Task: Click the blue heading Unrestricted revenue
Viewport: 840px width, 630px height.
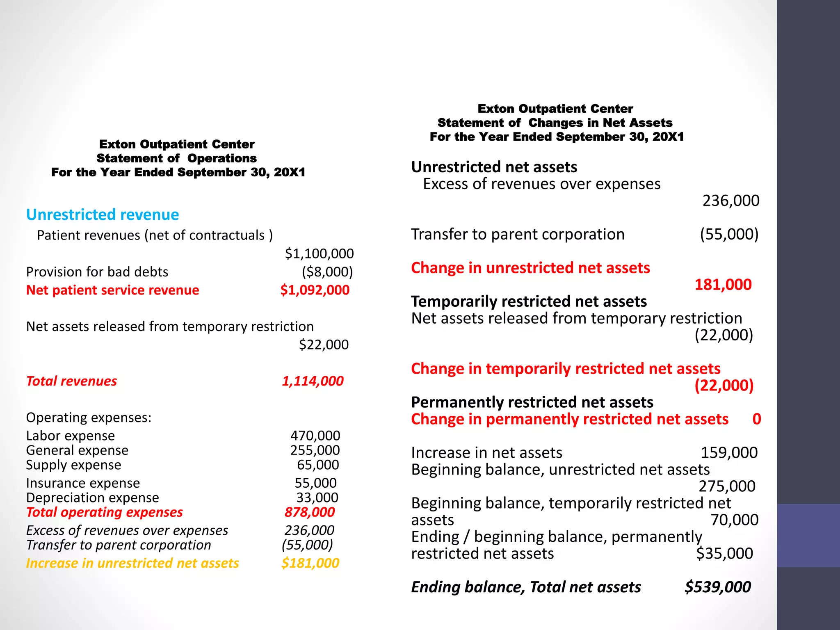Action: tap(103, 215)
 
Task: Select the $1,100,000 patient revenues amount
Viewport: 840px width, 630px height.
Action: tap(319, 253)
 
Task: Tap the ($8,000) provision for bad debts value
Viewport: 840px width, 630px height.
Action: tap(327, 272)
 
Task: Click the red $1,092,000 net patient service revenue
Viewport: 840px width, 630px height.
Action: tap(315, 290)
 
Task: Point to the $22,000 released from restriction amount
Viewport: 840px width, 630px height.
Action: tap(324, 345)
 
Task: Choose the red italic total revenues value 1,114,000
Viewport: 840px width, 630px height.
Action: tap(313, 381)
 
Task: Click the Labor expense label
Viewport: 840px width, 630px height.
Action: tap(71, 436)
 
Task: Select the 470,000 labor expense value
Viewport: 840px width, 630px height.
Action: tap(315, 436)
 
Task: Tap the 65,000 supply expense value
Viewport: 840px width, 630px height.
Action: tap(318, 465)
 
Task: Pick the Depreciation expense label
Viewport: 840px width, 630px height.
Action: tap(92, 498)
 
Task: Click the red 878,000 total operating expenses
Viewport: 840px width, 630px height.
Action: tap(310, 512)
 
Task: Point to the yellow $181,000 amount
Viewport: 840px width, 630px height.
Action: tap(310, 563)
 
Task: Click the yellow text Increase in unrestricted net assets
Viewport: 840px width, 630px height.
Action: tap(132, 563)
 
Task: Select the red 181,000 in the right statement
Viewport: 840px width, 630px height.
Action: tap(723, 285)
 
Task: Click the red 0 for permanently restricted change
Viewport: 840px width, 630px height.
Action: tap(757, 419)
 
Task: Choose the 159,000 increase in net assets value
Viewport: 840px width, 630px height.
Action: tap(729, 453)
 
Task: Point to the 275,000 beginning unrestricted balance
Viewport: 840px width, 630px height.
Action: tap(727, 486)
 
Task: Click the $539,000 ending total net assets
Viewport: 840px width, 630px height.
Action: tap(718, 587)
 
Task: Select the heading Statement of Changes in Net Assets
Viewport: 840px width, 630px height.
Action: tap(555, 123)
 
